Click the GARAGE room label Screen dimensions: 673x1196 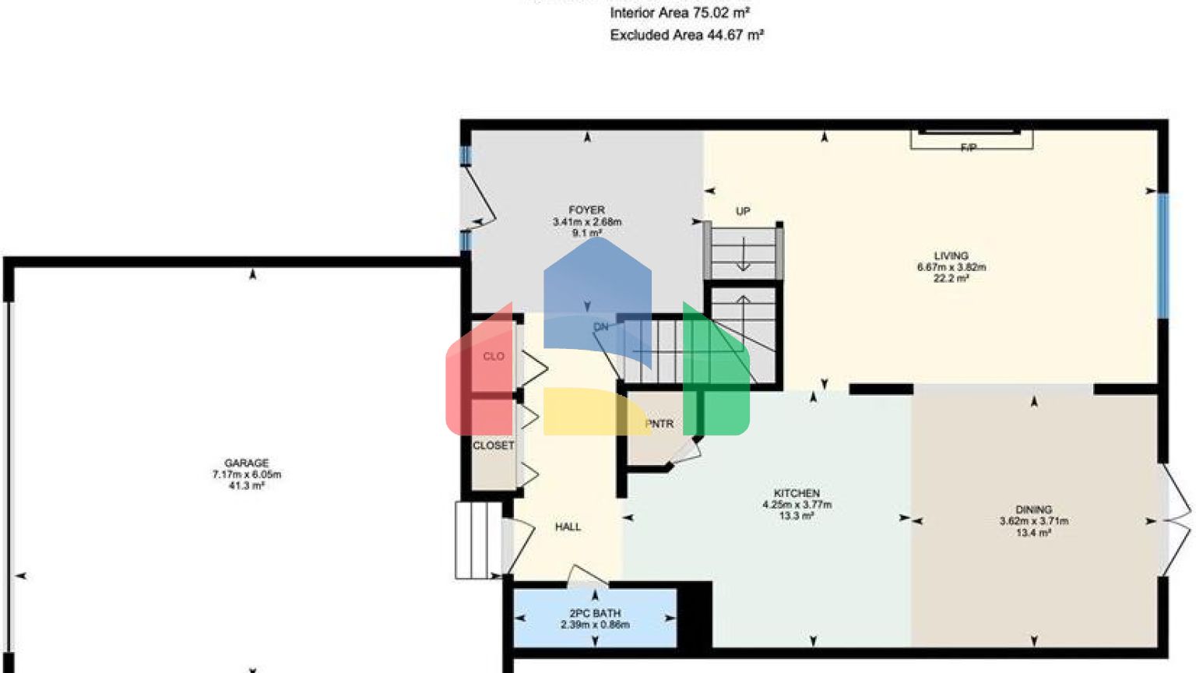pyautogui.click(x=246, y=463)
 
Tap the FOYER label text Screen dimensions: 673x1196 pyautogui.click(x=586, y=210)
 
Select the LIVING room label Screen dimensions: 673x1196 pyautogui.click(x=951, y=255)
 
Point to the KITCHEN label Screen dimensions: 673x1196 pyautogui.click(x=797, y=493)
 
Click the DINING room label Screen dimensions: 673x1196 pyautogui.click(x=1033, y=509)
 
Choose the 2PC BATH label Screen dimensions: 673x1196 pyautogui.click(x=595, y=613)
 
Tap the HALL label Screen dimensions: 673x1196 pyautogui.click(x=568, y=527)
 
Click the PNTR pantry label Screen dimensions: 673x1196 pyautogui.click(x=660, y=424)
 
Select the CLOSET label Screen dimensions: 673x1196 pyautogui.click(x=493, y=446)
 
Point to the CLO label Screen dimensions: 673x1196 pyautogui.click(x=494, y=356)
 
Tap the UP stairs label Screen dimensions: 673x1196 pyautogui.click(x=743, y=211)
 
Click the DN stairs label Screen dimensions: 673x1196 pyautogui.click(x=600, y=327)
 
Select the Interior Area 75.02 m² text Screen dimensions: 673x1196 pyautogui.click(x=679, y=12)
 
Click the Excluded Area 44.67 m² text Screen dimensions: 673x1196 pyautogui.click(x=686, y=35)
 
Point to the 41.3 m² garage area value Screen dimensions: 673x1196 pyautogui.click(x=246, y=485)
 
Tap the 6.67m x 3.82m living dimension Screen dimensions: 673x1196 pyautogui.click(x=951, y=267)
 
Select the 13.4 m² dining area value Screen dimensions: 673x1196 pyautogui.click(x=1033, y=533)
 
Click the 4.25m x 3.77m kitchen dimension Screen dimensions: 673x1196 pyautogui.click(x=797, y=505)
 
